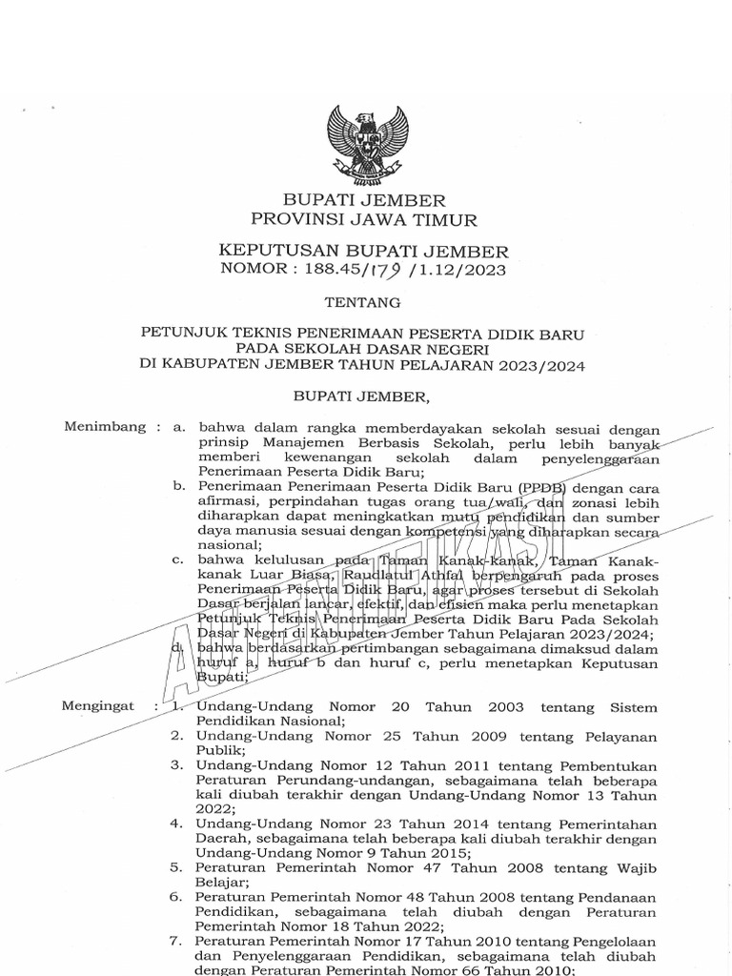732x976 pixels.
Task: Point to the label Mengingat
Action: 98,707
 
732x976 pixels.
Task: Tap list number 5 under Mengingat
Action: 177,867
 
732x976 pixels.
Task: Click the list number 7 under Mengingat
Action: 177,941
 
